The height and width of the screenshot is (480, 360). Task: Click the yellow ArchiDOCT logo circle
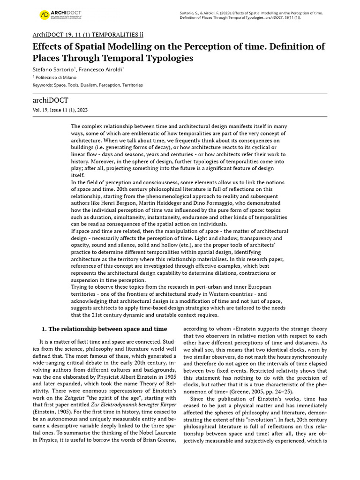coord(44,15)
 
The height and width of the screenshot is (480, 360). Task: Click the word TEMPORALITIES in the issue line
coord(108,35)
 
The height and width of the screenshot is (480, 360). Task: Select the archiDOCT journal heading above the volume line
coord(50,100)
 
